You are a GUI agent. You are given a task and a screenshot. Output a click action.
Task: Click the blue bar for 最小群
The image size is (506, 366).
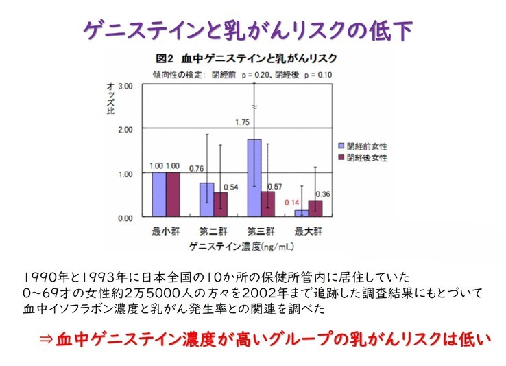point(158,194)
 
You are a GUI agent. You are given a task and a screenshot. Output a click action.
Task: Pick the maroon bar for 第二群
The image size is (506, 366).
point(221,205)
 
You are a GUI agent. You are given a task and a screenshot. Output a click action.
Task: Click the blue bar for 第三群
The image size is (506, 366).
point(254,178)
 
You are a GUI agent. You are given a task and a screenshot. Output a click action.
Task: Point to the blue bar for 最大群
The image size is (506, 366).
point(302,214)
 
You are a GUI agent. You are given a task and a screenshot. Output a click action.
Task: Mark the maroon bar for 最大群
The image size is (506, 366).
point(315,209)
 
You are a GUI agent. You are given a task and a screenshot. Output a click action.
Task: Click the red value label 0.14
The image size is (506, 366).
point(292,203)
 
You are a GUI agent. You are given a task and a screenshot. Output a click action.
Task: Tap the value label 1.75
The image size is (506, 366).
point(241,122)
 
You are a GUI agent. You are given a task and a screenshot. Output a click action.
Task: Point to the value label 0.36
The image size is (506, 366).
point(323,194)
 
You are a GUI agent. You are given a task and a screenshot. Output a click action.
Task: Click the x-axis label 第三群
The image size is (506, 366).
point(261,231)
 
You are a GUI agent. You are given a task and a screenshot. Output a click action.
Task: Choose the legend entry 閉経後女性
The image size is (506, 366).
point(368,157)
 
